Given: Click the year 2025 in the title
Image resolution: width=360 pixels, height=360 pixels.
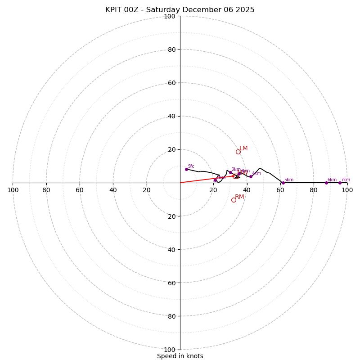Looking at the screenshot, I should point(246,10).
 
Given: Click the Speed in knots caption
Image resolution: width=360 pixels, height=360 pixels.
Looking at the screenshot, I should point(180,356).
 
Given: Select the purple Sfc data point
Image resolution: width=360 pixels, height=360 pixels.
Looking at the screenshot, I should point(186,169).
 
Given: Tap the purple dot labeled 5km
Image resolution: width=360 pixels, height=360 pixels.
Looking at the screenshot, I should point(283,183).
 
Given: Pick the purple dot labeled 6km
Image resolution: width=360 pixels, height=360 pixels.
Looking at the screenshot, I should point(326,183).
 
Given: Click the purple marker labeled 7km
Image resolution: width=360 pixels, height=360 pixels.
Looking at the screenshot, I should point(340,183).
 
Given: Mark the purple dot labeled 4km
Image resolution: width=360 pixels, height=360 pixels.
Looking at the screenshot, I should point(251,176).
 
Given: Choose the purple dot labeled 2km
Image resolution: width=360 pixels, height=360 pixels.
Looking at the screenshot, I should point(230,172).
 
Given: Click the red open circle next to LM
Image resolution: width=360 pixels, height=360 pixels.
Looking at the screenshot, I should point(238,152).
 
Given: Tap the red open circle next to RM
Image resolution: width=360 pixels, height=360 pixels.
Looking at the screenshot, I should point(234,200).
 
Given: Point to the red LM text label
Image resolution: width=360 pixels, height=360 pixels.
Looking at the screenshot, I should point(243,148).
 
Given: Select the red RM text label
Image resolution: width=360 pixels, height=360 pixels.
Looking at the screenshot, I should point(239,197).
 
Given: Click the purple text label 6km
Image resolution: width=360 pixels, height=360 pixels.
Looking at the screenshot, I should point(332,180).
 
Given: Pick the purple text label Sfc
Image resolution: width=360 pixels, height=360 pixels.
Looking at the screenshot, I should point(191,166).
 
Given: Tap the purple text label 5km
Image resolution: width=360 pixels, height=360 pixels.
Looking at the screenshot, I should point(289,180).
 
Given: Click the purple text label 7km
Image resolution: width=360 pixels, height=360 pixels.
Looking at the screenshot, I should point(346,180).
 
